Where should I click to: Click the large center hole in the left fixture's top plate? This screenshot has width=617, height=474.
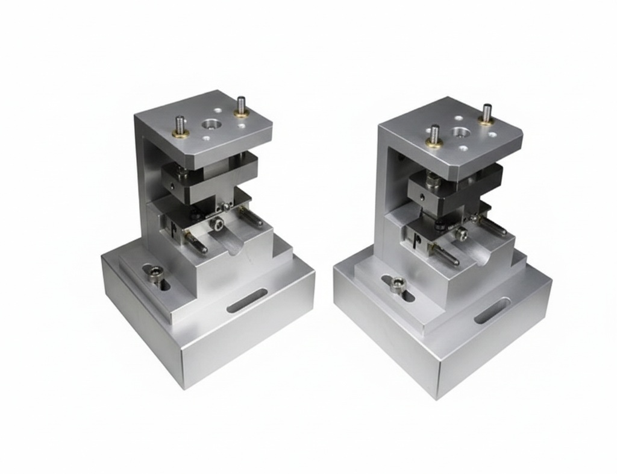click(211, 124)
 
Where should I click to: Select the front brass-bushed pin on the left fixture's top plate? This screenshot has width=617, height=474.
click(180, 127)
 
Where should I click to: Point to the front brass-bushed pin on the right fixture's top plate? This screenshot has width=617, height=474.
click(434, 136)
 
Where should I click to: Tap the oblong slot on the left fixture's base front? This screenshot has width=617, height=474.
click(247, 300)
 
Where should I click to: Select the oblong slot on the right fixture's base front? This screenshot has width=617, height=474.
click(492, 311)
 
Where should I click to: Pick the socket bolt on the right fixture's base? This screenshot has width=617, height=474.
click(397, 284)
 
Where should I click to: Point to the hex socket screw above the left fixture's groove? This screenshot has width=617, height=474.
click(218, 224)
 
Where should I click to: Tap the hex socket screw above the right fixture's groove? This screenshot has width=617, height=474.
click(461, 233)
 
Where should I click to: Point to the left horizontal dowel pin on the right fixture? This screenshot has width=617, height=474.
click(443, 254)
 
